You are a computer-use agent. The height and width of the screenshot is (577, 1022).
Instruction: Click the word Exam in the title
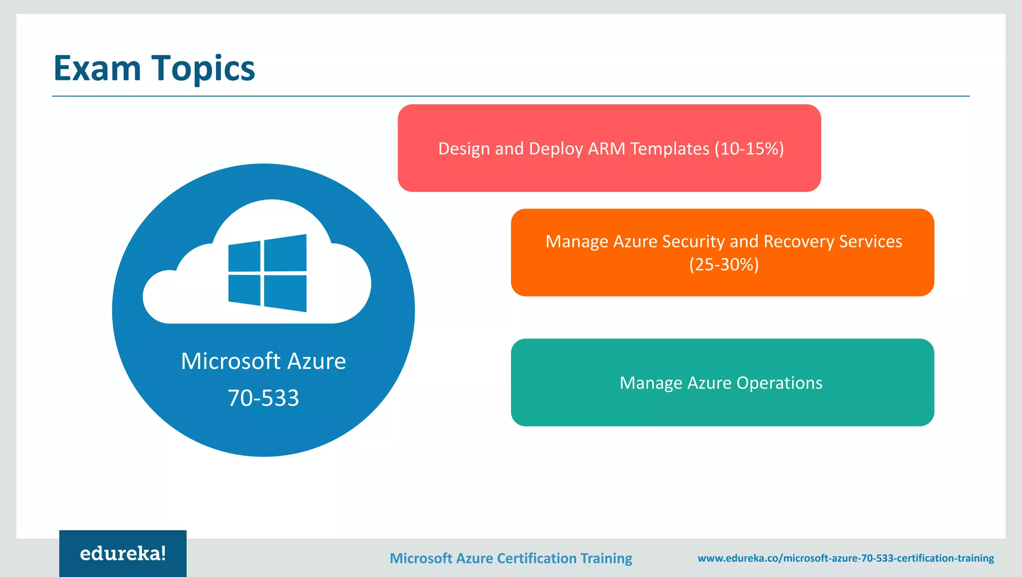coord(97,68)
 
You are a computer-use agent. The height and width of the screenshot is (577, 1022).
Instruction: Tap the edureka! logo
coord(123,554)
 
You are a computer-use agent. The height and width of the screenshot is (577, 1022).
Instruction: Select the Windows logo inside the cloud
coord(267,273)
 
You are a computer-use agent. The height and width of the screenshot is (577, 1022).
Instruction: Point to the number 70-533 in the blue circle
coord(263,398)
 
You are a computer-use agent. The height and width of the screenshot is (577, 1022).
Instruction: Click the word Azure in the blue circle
coord(317,361)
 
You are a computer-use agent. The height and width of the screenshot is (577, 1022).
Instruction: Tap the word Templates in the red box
coord(670,149)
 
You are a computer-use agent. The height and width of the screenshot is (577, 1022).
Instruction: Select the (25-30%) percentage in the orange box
coord(724,264)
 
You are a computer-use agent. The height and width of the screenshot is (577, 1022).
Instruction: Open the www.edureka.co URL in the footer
coord(846,558)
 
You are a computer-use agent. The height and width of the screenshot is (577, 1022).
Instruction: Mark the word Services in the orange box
coord(871,241)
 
